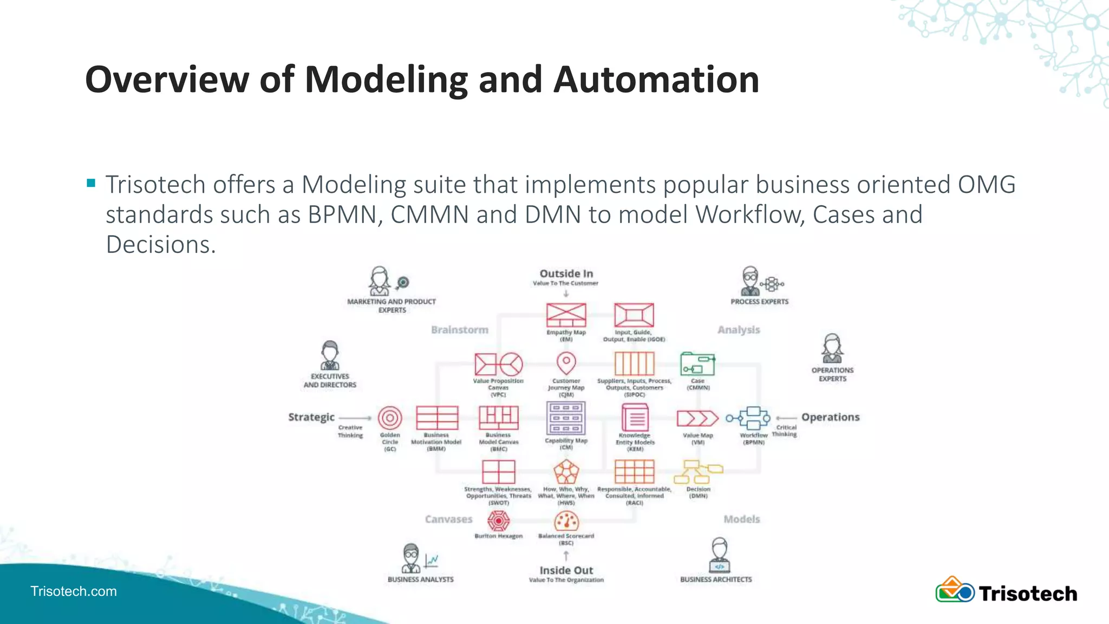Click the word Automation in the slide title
click(x=656, y=80)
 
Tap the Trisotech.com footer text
click(x=74, y=591)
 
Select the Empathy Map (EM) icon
click(x=566, y=315)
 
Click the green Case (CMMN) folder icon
click(x=697, y=364)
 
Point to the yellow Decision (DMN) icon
click(x=698, y=472)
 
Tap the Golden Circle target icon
click(x=390, y=418)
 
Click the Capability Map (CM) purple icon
click(x=566, y=418)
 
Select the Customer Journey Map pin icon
click(x=566, y=363)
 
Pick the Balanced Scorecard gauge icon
click(x=566, y=522)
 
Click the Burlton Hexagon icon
click(x=498, y=521)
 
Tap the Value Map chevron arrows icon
click(x=697, y=419)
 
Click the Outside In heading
click(x=566, y=274)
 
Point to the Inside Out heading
click(x=566, y=570)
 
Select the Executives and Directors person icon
click(x=330, y=355)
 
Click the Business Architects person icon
click(x=719, y=555)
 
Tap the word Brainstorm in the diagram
click(x=459, y=330)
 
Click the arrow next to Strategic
click(x=355, y=418)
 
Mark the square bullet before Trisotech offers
click(x=91, y=183)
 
